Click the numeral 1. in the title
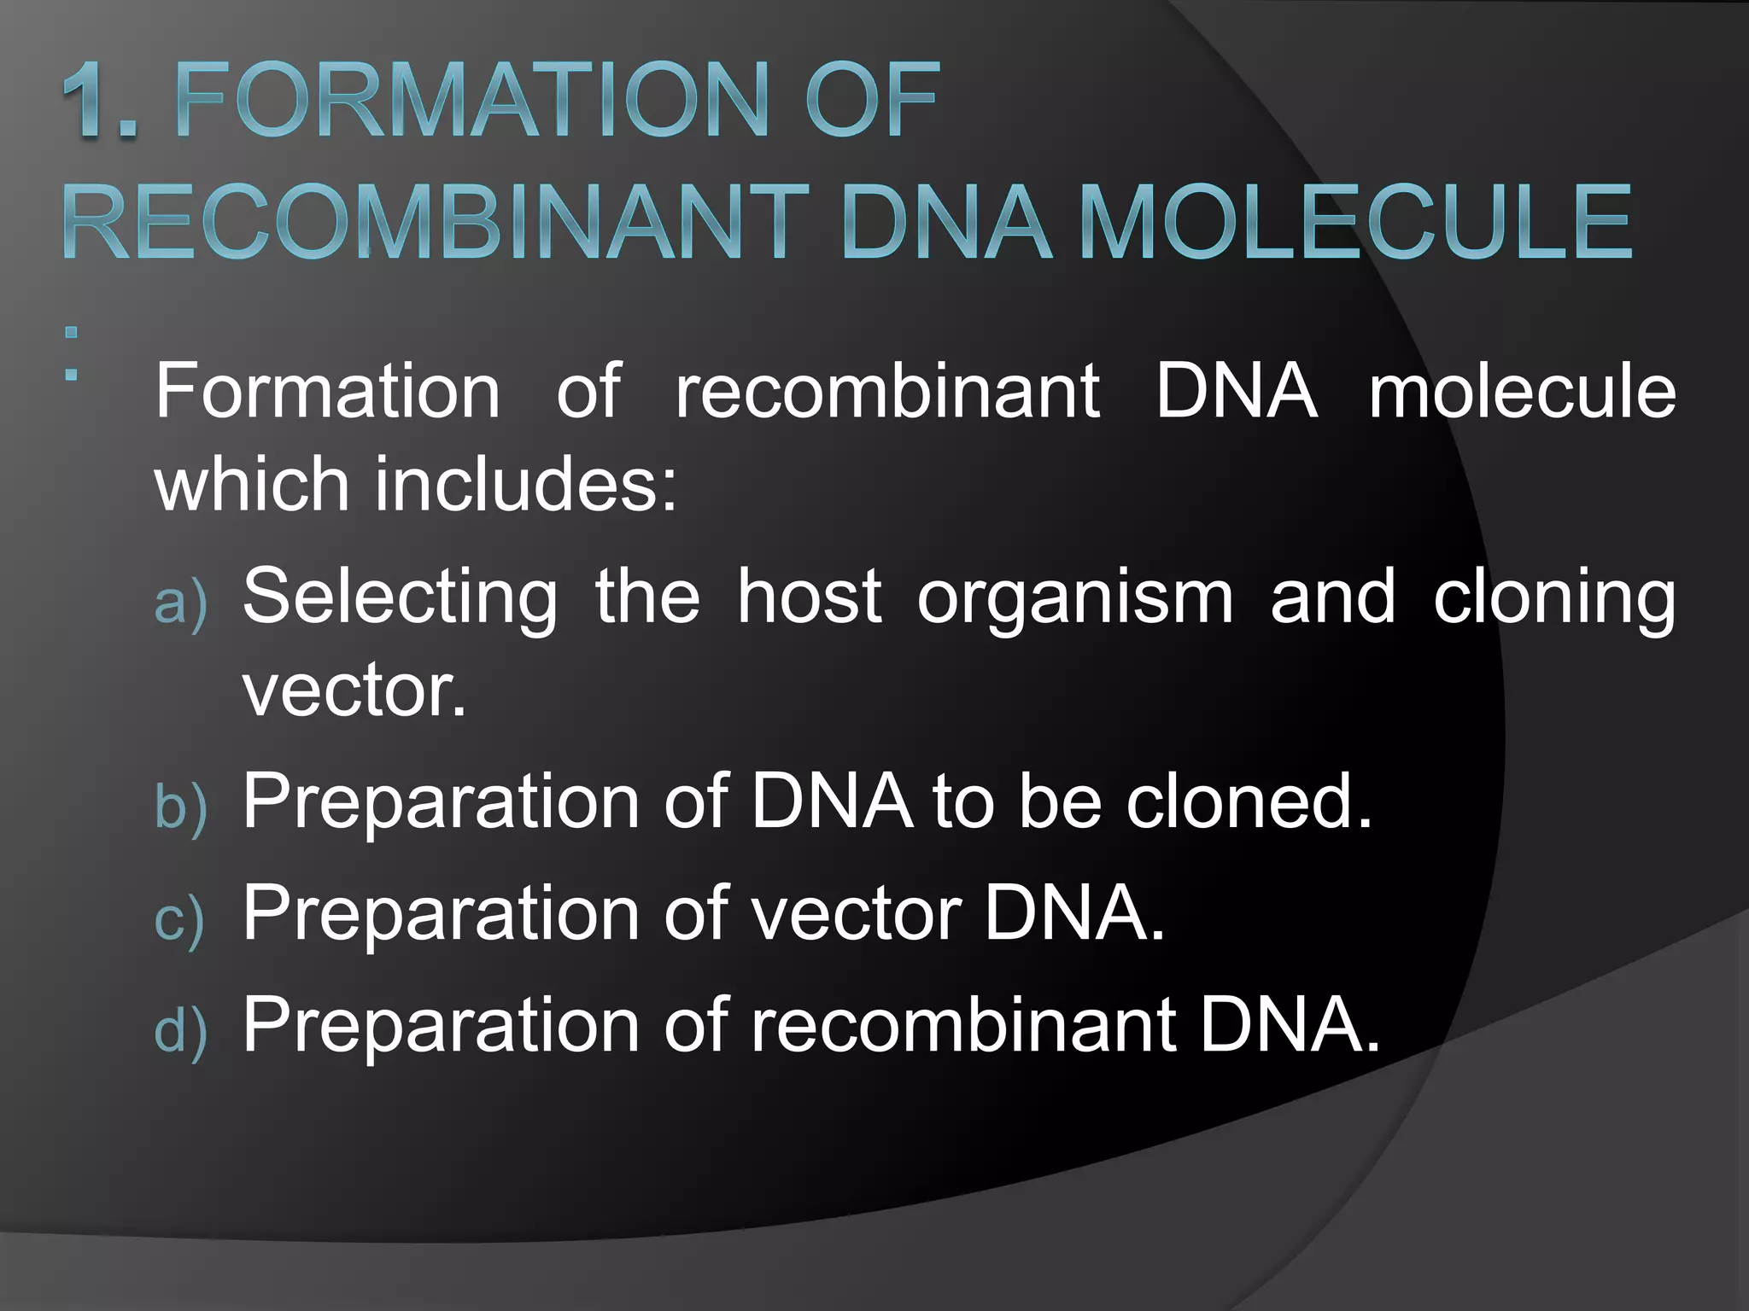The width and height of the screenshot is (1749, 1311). coord(100,100)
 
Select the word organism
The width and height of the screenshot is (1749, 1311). coord(1075,597)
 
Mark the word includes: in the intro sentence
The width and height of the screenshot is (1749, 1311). coord(526,484)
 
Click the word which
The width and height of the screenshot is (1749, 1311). coord(252,484)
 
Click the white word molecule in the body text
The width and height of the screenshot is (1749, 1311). coord(1522,391)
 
